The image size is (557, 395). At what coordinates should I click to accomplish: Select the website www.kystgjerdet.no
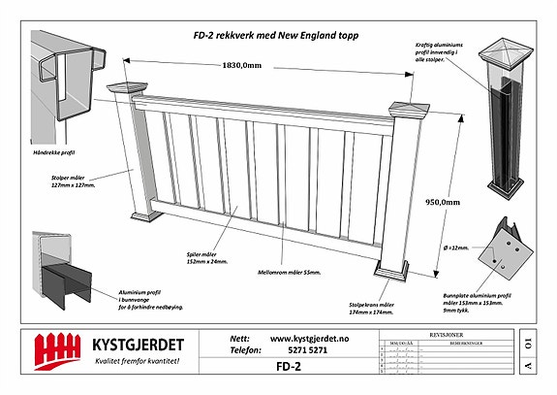pos(310,338)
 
